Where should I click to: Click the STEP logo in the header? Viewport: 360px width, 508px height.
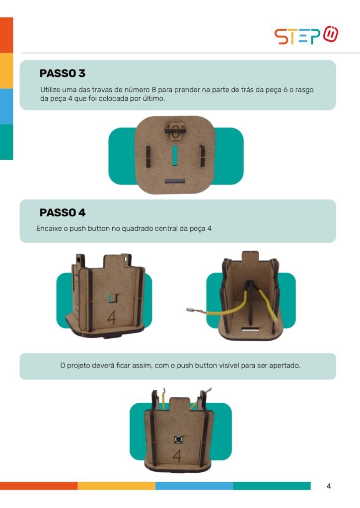coord(306,35)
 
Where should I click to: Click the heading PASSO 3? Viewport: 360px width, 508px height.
coord(62,73)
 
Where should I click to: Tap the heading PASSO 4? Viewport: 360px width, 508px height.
coord(62,212)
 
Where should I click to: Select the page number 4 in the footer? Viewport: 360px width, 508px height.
coord(329,486)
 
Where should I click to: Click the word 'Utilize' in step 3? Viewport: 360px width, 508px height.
coord(50,90)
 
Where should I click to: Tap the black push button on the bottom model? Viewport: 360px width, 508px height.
coord(178,440)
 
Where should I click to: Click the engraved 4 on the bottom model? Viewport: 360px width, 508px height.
coord(177,456)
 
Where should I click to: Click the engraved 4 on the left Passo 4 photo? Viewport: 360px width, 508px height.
coord(112,317)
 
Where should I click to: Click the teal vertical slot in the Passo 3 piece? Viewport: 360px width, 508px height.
coord(175,155)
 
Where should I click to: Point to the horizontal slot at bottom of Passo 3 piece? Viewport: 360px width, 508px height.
coord(175,181)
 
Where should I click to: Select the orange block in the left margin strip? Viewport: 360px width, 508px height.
coord(6,35)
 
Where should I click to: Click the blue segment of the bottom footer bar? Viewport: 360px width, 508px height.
coord(194,486)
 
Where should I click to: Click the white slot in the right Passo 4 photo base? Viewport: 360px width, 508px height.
coord(250,330)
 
